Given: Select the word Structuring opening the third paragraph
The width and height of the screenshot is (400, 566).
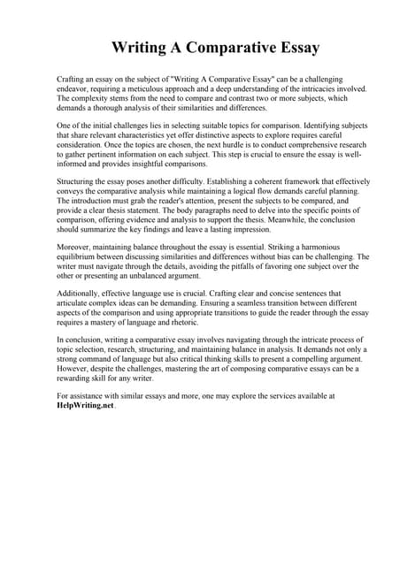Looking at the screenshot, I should (x=77, y=180).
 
